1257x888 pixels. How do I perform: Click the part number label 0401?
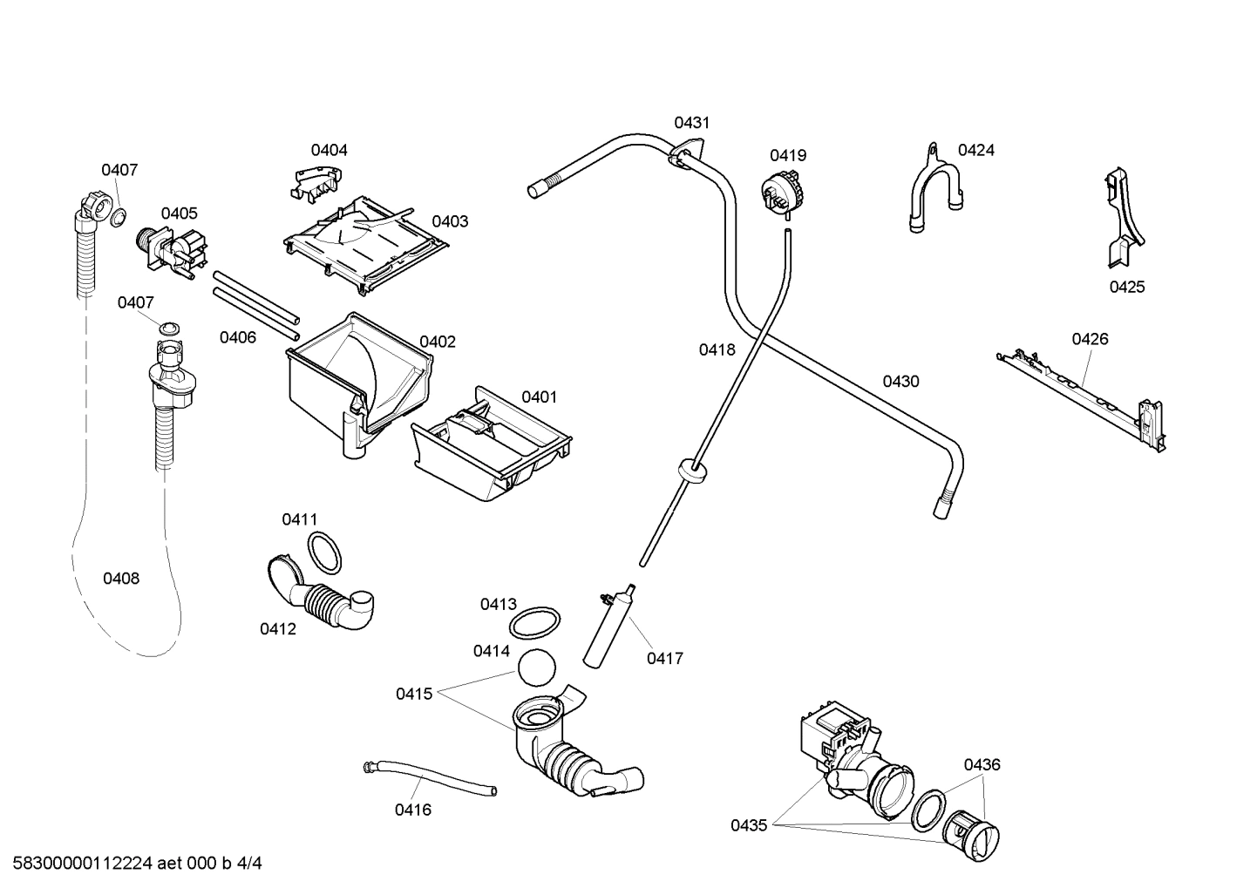(539, 397)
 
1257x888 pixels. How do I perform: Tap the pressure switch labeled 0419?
(780, 190)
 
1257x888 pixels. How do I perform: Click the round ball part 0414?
(536, 669)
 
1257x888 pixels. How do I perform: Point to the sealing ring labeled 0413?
(534, 623)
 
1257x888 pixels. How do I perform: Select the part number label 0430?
(900, 381)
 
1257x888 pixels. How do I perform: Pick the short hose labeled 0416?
(428, 776)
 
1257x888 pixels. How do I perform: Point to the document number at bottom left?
(132, 864)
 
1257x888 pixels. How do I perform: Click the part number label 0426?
(1090, 339)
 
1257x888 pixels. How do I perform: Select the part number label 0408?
(121, 578)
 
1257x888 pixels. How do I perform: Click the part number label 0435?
(749, 825)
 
